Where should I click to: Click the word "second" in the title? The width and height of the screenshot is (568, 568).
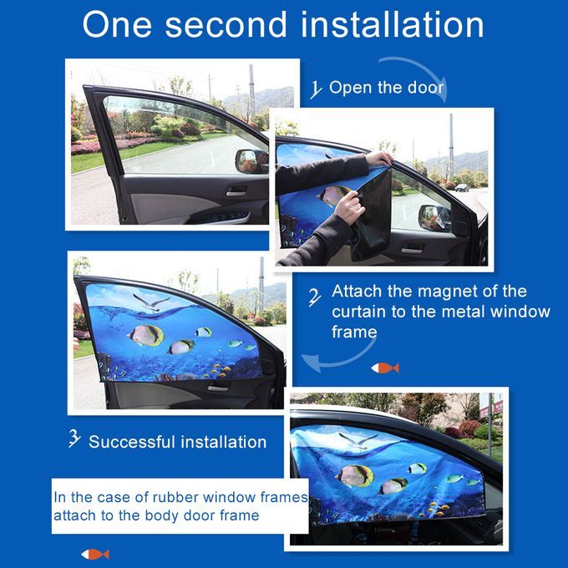[x=226, y=24]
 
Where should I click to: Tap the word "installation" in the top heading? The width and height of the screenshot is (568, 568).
[x=393, y=24]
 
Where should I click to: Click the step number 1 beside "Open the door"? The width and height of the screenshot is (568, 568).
[x=316, y=89]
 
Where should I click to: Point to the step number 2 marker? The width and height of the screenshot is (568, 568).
[x=314, y=297]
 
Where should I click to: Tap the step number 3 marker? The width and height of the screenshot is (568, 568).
[x=74, y=439]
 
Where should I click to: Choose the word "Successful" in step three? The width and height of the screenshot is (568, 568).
[x=133, y=442]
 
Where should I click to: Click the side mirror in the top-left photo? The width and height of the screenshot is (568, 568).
[x=251, y=161]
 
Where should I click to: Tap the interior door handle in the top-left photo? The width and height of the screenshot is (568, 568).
[x=236, y=192]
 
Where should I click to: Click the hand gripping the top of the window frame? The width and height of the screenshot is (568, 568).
[x=379, y=159]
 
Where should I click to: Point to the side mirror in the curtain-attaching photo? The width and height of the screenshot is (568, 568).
[x=434, y=217]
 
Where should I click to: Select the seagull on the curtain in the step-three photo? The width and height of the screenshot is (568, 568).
[x=151, y=303]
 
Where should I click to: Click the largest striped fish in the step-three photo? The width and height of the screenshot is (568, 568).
[x=145, y=335]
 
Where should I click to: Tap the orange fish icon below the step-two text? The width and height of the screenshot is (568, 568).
[x=385, y=368]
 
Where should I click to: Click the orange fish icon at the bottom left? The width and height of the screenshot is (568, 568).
[x=95, y=555]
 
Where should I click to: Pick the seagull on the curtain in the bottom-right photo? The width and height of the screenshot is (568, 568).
[x=358, y=441]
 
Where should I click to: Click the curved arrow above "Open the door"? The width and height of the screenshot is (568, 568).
[x=420, y=73]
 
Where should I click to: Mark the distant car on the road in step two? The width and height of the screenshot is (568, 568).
[x=461, y=188]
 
